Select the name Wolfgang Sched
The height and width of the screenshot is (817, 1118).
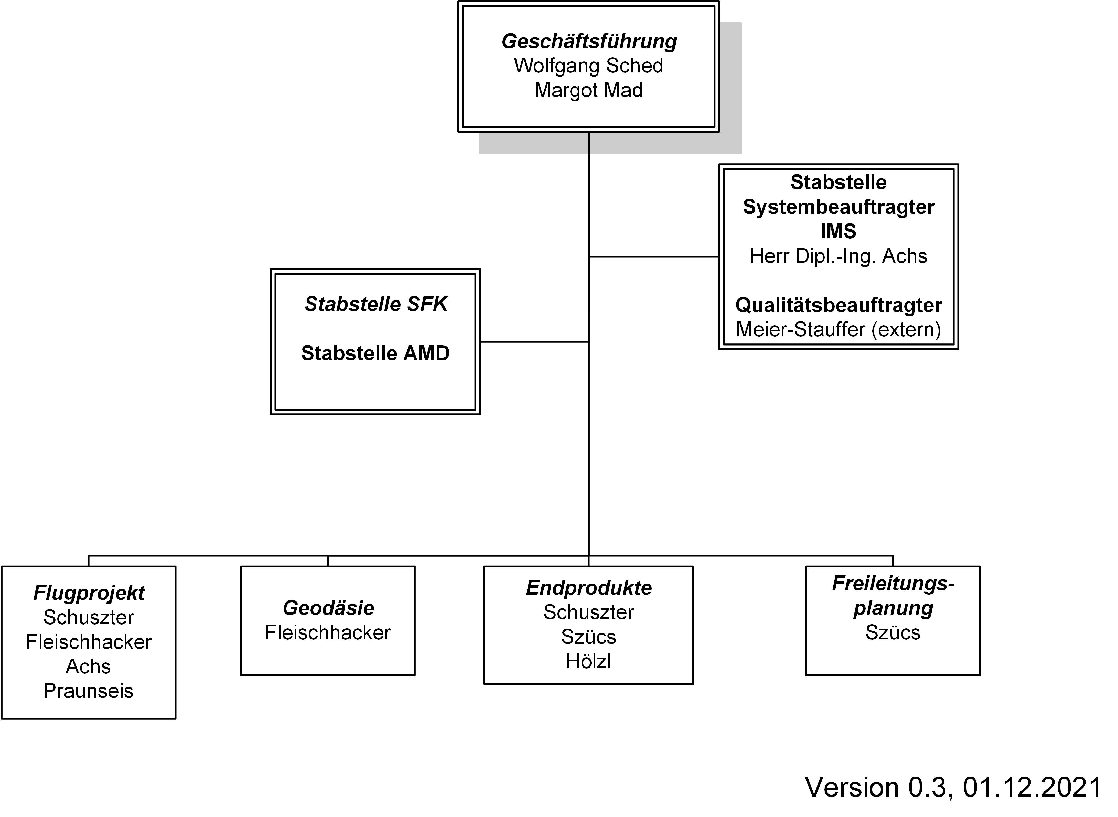pyautogui.click(x=588, y=66)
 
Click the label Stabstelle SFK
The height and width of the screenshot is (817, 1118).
pyautogui.click(x=376, y=304)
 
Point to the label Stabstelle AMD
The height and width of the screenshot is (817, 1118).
pyautogui.click(x=375, y=353)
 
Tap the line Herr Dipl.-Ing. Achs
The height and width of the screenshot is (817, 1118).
pyautogui.click(x=838, y=256)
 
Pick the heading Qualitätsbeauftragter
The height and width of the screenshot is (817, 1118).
pyautogui.click(x=838, y=305)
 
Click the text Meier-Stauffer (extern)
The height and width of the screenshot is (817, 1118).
pyautogui.click(x=838, y=329)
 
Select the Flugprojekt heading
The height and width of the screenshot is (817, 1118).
pyautogui.click(x=89, y=593)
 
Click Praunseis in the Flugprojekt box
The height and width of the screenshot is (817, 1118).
pyautogui.click(x=89, y=691)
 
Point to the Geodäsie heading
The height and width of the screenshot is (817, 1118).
pyautogui.click(x=328, y=608)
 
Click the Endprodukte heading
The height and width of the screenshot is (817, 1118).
pyautogui.click(x=589, y=588)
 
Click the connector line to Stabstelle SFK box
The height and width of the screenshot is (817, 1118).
pyautogui.click(x=534, y=342)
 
